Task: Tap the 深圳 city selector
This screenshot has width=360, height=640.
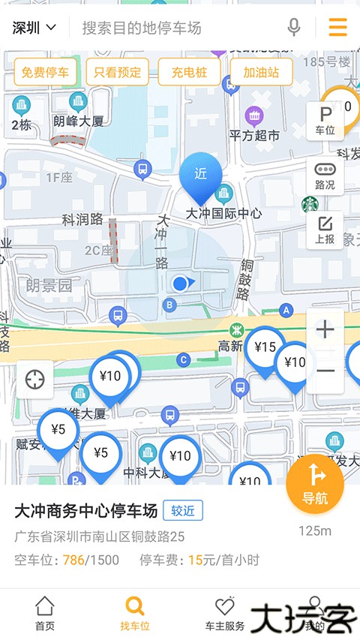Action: tap(34, 29)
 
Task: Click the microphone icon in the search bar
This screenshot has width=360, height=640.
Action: tap(294, 28)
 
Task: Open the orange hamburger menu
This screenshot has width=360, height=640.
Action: tap(337, 28)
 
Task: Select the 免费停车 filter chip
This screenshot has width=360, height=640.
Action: tap(45, 73)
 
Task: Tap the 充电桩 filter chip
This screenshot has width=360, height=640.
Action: tap(189, 73)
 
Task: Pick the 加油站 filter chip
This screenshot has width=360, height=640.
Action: tap(261, 73)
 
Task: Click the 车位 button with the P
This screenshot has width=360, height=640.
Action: tap(325, 121)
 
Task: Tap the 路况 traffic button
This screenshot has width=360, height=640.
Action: tap(325, 176)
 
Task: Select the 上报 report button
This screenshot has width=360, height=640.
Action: tap(325, 230)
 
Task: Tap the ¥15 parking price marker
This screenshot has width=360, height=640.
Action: tap(265, 348)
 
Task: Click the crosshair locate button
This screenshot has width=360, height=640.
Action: tap(35, 380)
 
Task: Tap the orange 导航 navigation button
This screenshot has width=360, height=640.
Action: tap(315, 485)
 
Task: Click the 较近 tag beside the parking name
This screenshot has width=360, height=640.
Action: tap(183, 511)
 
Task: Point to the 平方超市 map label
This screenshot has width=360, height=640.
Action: tap(253, 135)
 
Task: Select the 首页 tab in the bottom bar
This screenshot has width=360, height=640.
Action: tap(45, 614)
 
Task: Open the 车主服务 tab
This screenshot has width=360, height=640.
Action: tap(224, 614)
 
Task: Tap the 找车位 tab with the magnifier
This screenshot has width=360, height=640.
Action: tap(135, 614)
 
